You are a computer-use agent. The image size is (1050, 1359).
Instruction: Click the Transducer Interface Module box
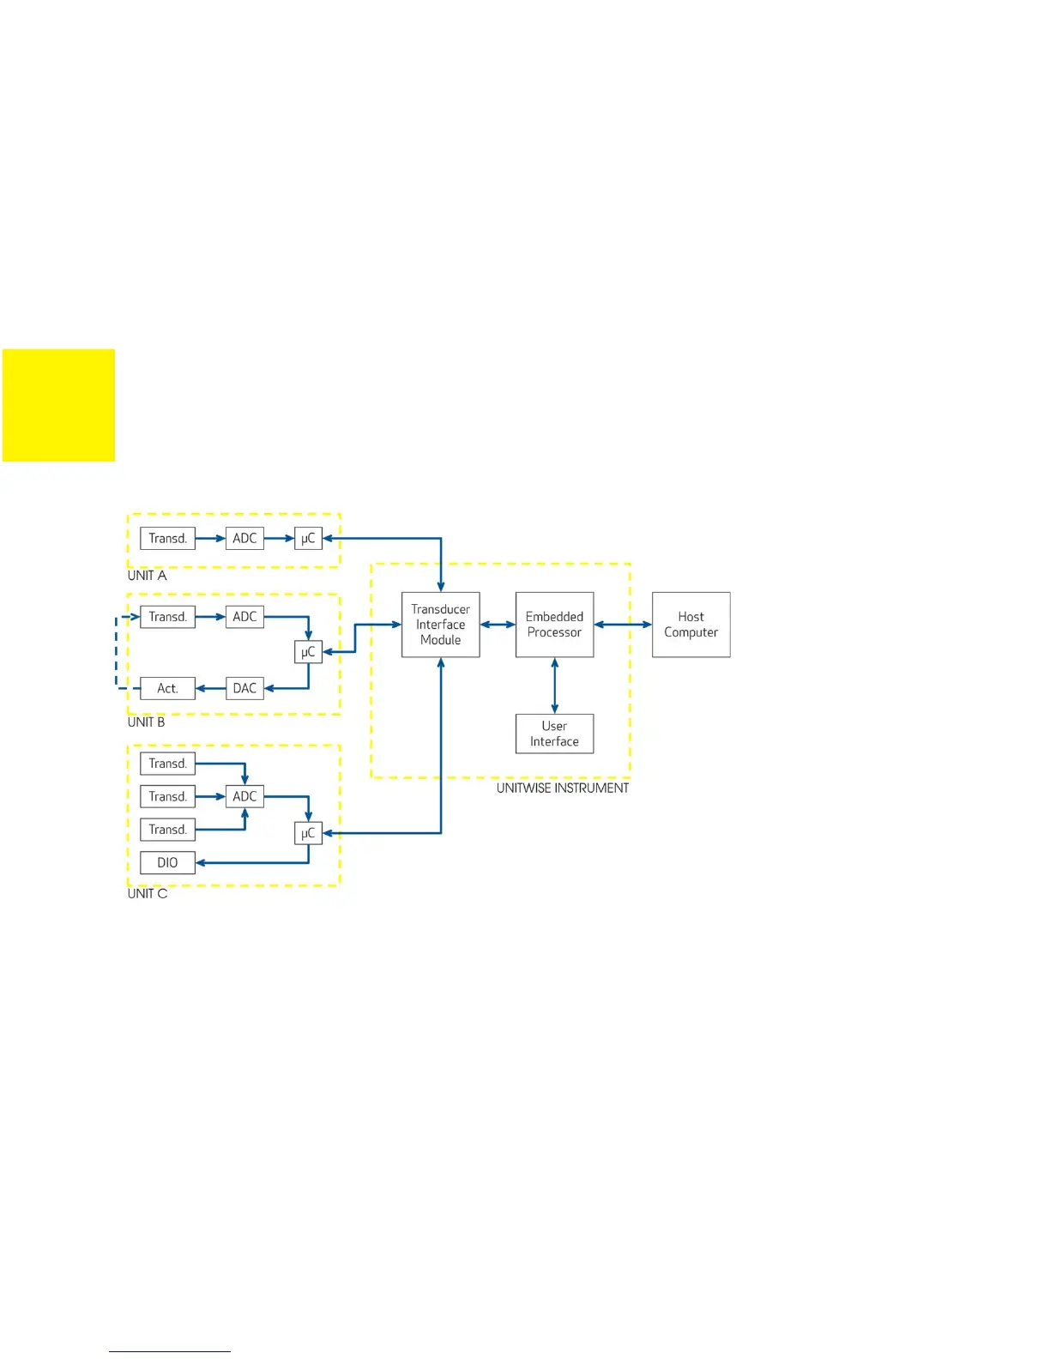pyautogui.click(x=440, y=625)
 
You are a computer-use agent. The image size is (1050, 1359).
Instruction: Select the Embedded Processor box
pyautogui.click(x=554, y=625)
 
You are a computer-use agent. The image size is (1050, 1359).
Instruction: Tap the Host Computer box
pyautogui.click(x=691, y=625)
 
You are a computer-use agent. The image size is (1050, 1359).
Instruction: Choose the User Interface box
pyautogui.click(x=554, y=734)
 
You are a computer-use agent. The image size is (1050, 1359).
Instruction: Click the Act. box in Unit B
pyautogui.click(x=167, y=688)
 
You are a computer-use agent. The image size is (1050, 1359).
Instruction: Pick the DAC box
pyautogui.click(x=244, y=688)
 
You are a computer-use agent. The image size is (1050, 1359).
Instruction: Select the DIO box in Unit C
pyautogui.click(x=167, y=862)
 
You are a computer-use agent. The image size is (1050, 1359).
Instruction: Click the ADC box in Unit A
pyautogui.click(x=244, y=538)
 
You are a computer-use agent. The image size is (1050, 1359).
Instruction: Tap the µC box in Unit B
pyautogui.click(x=308, y=652)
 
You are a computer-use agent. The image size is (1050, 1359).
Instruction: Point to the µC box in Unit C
pyautogui.click(x=308, y=833)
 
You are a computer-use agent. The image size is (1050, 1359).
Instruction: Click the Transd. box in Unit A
pyautogui.click(x=167, y=538)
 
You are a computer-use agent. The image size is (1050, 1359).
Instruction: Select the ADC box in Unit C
pyautogui.click(x=244, y=796)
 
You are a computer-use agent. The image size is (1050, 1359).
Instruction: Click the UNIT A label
pyautogui.click(x=147, y=576)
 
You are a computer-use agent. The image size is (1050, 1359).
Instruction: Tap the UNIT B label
pyautogui.click(x=146, y=722)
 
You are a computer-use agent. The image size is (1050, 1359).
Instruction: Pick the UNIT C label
pyautogui.click(x=148, y=894)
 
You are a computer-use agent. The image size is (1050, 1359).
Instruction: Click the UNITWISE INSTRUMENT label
pyautogui.click(x=562, y=788)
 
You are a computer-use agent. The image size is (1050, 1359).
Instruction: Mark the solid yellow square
pyautogui.click(x=58, y=405)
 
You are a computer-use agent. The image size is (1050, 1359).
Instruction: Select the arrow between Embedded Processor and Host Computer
pyautogui.click(x=623, y=625)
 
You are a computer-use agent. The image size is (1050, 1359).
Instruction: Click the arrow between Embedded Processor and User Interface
pyautogui.click(x=554, y=686)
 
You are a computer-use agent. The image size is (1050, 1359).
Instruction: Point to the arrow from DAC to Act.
pyautogui.click(x=210, y=688)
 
